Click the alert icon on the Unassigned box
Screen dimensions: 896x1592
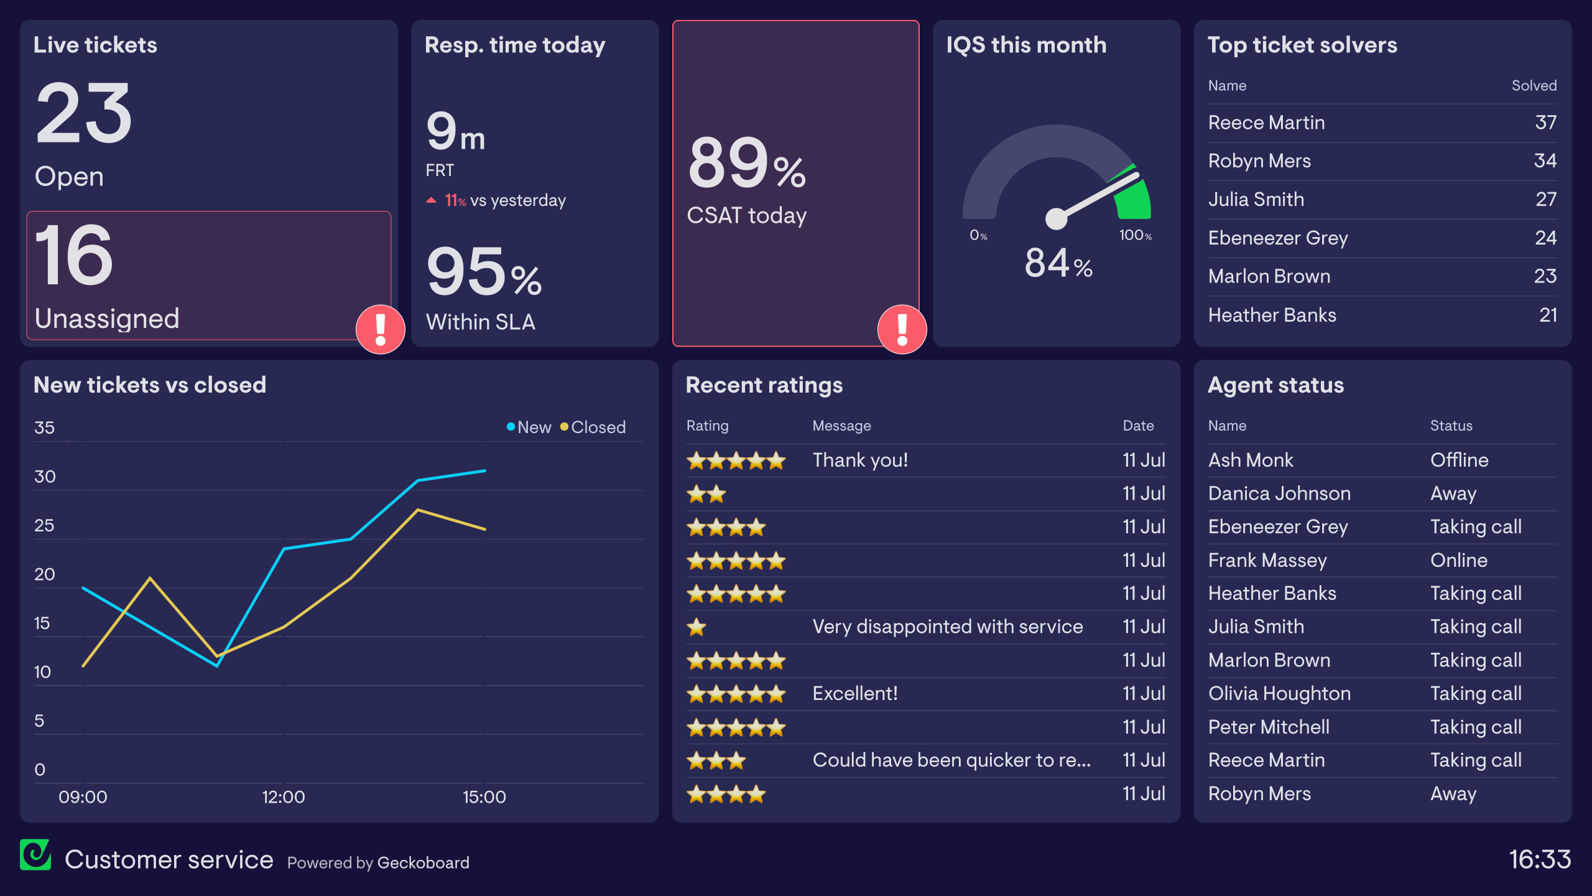tap(380, 329)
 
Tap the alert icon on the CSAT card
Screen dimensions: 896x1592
tap(902, 329)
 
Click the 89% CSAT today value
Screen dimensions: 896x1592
tap(746, 163)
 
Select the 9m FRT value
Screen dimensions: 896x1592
tap(455, 132)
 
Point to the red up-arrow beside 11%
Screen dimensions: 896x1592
tap(431, 200)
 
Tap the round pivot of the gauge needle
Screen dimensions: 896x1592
tap(1056, 218)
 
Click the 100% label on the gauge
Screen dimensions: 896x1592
tap(1135, 235)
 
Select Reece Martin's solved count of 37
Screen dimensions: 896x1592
tap(1545, 123)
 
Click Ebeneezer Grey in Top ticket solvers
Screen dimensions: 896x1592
tap(1278, 238)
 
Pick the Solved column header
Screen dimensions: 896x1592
tap(1534, 86)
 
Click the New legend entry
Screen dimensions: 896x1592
tap(529, 427)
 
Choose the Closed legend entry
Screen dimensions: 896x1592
tap(593, 427)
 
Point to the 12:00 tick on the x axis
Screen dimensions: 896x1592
tap(284, 797)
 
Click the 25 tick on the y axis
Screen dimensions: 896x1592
tap(44, 526)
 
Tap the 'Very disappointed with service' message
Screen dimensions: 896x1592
tap(948, 627)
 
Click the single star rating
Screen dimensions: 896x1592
tap(696, 627)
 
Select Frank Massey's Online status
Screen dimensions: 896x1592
tap(1459, 560)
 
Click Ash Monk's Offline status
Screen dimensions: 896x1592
tap(1459, 460)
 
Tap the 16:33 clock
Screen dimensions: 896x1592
tap(1540, 860)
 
